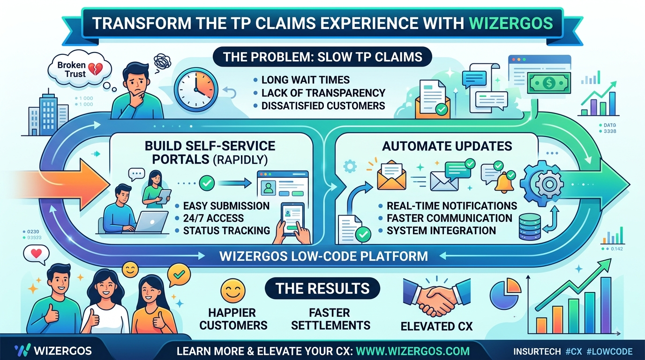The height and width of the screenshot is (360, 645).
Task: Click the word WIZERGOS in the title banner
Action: [511, 23]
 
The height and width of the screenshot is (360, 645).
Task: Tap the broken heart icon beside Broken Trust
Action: [95, 69]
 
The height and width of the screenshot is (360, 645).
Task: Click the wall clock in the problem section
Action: [196, 90]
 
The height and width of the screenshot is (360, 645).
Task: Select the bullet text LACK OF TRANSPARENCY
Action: [323, 93]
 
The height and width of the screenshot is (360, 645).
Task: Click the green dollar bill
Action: [549, 83]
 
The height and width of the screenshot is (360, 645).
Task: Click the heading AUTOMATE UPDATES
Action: [447, 146]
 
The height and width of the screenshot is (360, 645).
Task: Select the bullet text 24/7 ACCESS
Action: [213, 218]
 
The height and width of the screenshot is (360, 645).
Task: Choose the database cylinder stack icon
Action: [530, 227]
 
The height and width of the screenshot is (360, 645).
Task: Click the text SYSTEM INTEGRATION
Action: [441, 231]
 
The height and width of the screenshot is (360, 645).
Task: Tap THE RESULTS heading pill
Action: [322, 288]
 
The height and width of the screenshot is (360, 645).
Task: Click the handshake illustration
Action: [437, 297]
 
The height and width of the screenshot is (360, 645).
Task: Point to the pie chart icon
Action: [505, 294]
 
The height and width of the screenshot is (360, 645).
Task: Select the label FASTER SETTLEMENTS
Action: [330, 319]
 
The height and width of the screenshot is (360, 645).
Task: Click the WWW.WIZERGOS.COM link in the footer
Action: [412, 351]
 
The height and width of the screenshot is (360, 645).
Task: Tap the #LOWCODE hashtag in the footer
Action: [609, 352]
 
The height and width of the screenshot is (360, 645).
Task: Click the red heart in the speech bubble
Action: [36, 254]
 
